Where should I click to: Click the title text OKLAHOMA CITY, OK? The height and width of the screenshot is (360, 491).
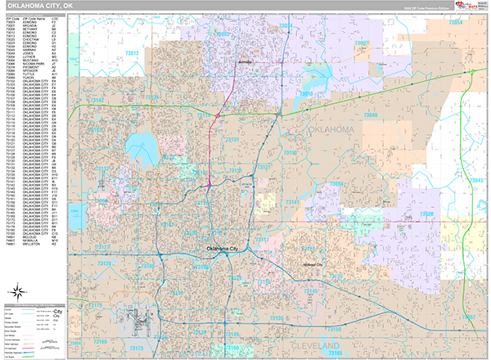(x=38, y=7)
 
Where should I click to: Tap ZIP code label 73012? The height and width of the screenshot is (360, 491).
(x=132, y=53)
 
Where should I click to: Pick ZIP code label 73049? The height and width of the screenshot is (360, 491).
(x=370, y=116)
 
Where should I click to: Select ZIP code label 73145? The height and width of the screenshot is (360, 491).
(x=312, y=291)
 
